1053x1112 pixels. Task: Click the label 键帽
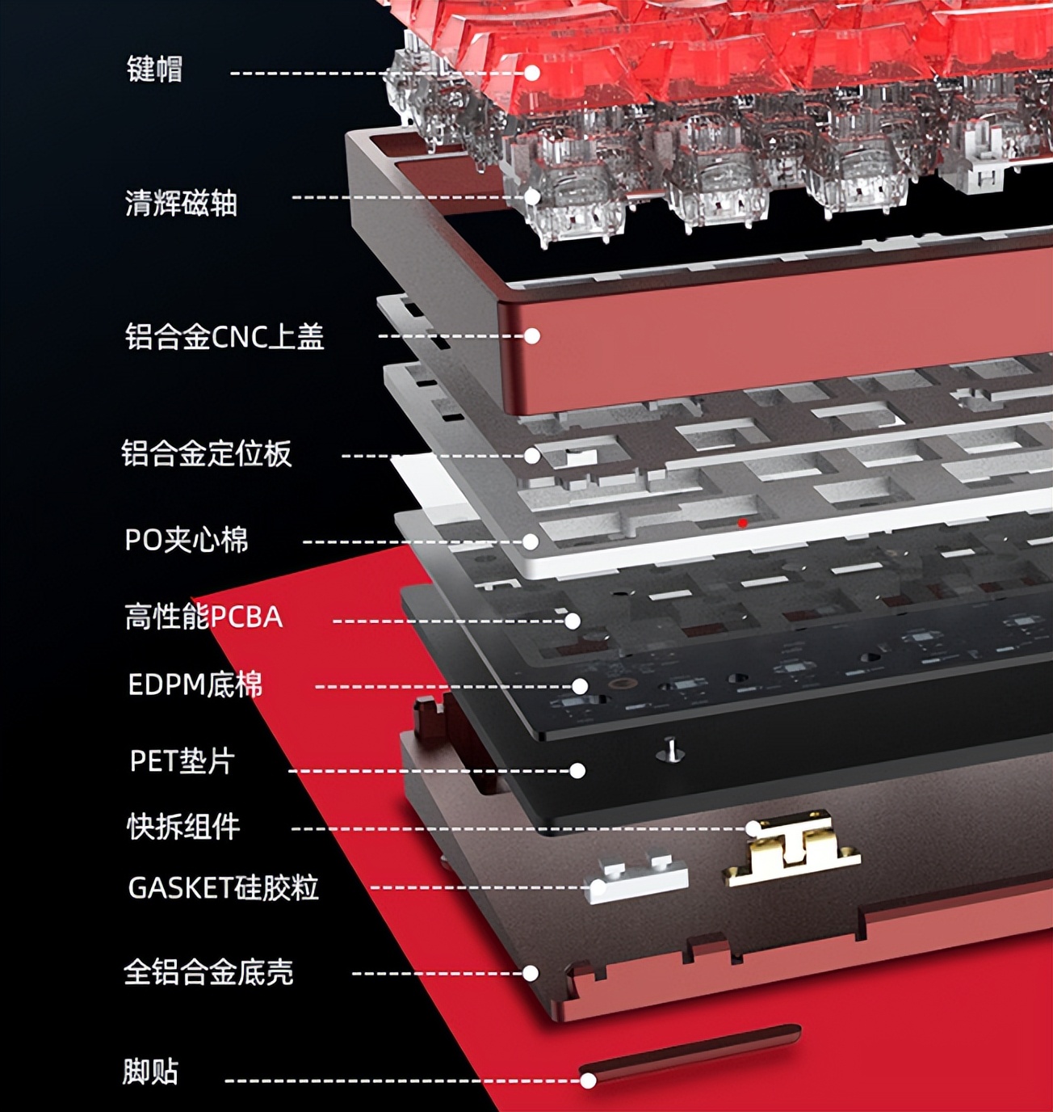[154, 69]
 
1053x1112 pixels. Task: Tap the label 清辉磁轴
[181, 203]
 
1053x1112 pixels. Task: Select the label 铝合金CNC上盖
[224, 336]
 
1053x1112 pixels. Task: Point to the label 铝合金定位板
[206, 453]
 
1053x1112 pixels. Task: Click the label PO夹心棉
[187, 540]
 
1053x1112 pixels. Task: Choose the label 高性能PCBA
[203, 617]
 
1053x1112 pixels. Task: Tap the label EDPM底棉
[195, 685]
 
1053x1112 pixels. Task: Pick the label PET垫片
[182, 760]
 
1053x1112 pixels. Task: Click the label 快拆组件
[183, 827]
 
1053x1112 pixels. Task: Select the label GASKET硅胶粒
[223, 887]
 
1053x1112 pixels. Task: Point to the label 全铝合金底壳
[208, 972]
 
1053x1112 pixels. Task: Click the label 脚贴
[150, 1072]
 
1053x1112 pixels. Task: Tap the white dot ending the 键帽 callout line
[532, 73]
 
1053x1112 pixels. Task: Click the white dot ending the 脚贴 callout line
[589, 1081]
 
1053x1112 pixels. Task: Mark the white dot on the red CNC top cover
[532, 336]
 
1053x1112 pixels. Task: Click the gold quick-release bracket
[791, 849]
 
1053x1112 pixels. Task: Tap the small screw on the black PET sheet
[671, 751]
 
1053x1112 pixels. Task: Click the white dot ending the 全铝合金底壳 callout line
[531, 974]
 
